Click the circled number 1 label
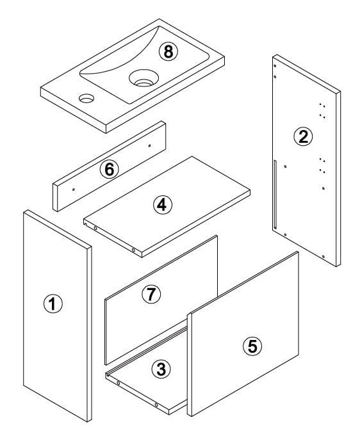53,303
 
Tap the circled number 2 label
303,136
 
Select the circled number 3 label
161,369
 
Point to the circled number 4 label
163,205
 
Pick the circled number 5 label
252,346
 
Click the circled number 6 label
110,170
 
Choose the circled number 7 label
151,294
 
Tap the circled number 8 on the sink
168,52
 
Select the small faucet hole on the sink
86,98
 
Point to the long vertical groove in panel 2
275,195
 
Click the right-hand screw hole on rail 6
150,146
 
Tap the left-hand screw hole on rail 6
74,190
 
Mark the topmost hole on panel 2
275,66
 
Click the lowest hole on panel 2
323,257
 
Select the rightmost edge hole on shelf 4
133,250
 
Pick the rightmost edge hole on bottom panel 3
156,405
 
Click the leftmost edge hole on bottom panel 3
119,383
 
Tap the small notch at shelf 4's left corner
85,224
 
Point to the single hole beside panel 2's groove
285,166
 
